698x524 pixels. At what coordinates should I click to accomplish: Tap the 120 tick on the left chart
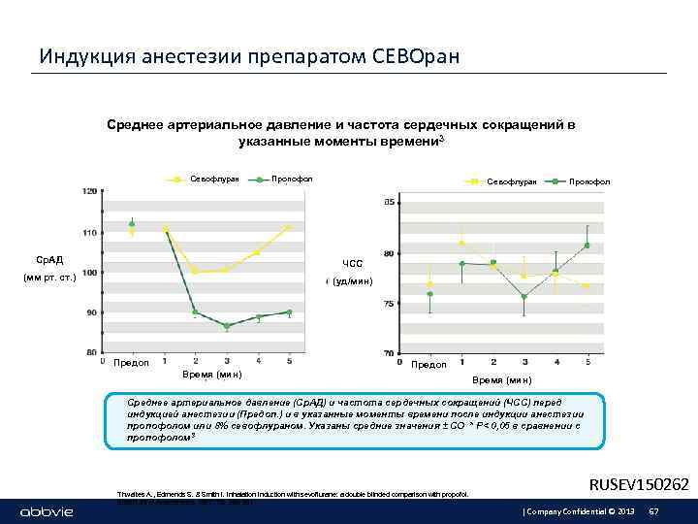point(89,191)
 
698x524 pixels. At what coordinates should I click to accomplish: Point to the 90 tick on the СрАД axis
point(90,312)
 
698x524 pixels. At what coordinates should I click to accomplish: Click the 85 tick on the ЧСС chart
point(389,203)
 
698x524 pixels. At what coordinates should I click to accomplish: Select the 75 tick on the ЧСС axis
point(389,305)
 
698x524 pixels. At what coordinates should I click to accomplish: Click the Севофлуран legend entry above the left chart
point(206,180)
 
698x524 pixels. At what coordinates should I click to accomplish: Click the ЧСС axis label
point(352,264)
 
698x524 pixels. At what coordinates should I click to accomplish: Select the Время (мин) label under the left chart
point(211,374)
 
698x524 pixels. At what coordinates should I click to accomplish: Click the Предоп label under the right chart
point(429,365)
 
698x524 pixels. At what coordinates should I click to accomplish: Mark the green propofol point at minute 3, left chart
point(227,326)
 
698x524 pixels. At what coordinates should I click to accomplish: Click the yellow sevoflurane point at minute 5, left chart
point(288,227)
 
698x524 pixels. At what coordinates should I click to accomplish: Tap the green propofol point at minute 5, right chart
point(587,246)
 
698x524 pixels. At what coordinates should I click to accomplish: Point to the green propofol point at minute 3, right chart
point(523,297)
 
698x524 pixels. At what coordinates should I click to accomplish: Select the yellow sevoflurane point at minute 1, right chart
point(461,243)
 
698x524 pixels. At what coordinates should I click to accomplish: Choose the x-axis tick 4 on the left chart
point(258,361)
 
